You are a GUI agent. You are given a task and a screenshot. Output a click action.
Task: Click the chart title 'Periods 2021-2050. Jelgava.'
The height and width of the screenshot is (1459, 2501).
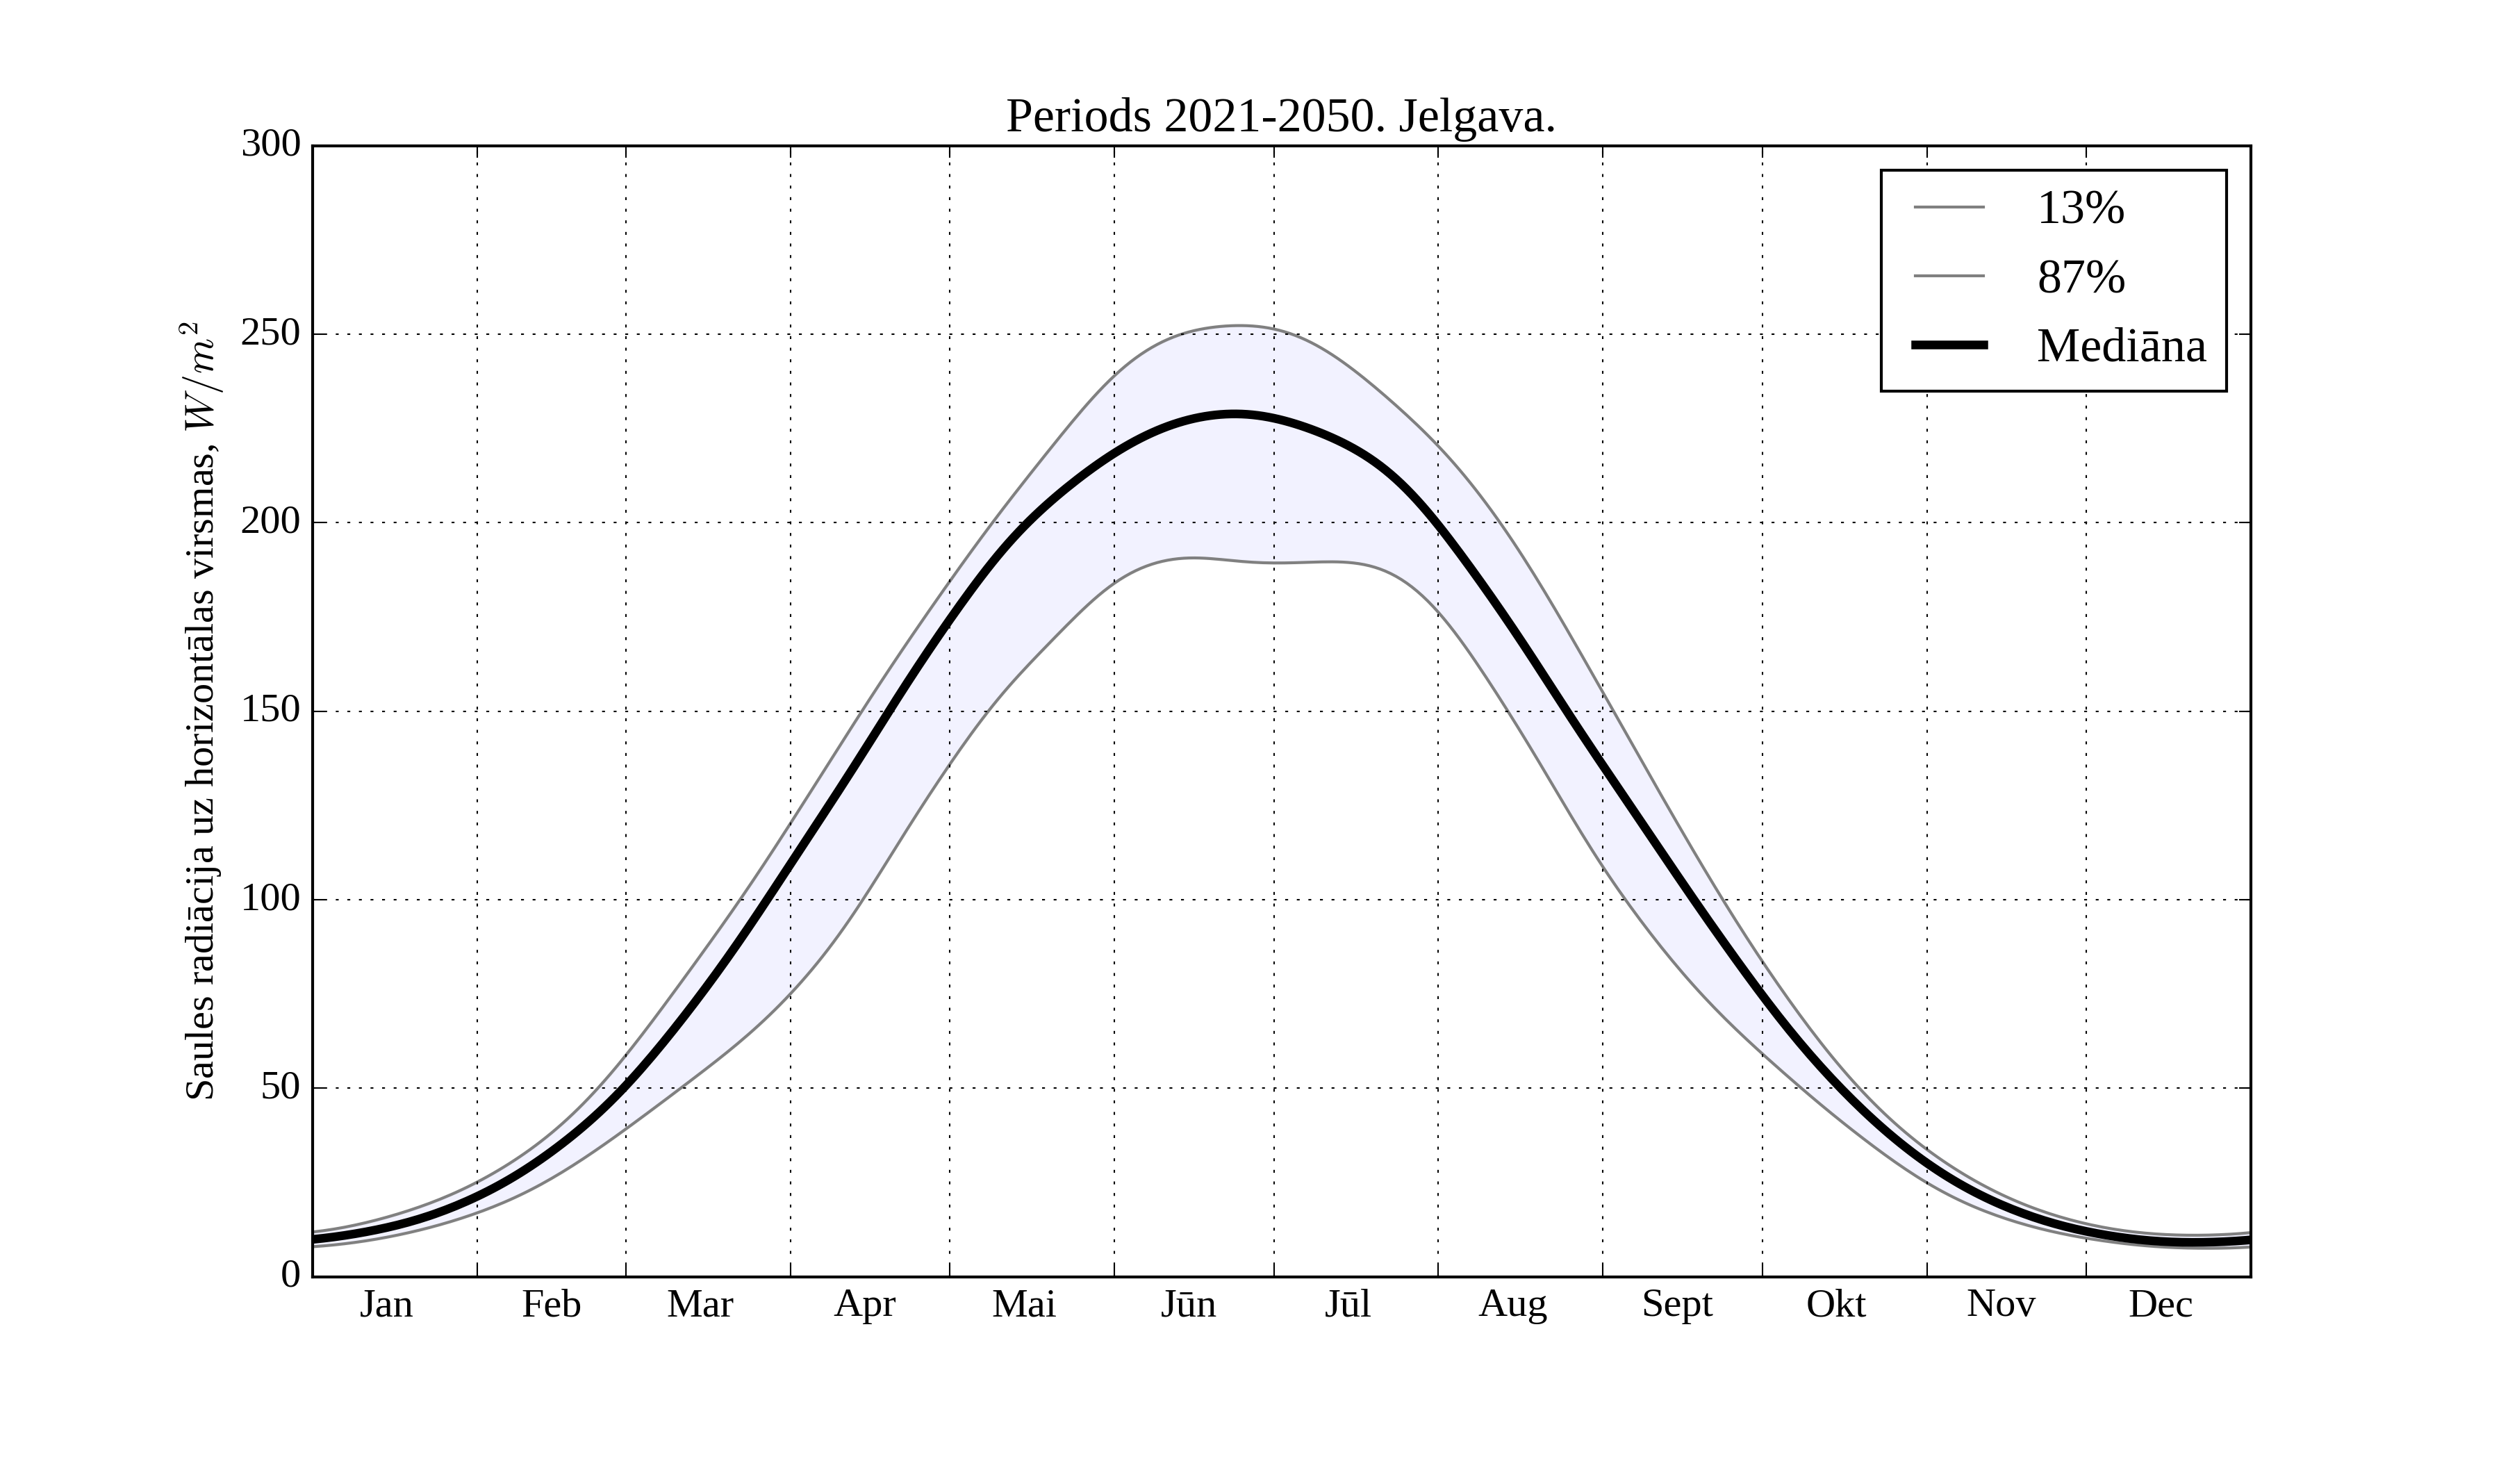click(x=1280, y=117)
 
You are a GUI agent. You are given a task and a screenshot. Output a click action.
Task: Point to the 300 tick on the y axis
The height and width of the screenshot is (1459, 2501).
click(x=271, y=145)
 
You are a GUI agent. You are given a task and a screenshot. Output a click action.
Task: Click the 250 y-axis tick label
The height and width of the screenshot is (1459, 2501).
click(x=271, y=333)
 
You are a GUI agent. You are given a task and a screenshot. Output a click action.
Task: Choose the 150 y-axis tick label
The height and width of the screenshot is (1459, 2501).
click(x=271, y=711)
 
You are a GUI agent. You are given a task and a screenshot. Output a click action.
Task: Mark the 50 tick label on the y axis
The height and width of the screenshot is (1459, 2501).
click(x=281, y=1088)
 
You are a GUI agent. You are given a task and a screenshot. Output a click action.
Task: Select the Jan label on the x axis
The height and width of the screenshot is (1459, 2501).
click(x=386, y=1304)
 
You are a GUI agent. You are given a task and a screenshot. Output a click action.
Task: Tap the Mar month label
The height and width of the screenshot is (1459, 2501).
click(x=700, y=1304)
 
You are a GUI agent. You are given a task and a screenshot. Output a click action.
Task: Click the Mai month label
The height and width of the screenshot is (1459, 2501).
click(x=1023, y=1304)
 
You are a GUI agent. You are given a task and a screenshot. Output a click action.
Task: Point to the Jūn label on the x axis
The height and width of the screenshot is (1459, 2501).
click(x=1188, y=1304)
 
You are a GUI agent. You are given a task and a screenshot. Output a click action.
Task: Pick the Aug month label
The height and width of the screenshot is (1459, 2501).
click(x=1512, y=1304)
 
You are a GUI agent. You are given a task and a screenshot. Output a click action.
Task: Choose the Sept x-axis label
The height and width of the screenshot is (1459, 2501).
click(x=1677, y=1304)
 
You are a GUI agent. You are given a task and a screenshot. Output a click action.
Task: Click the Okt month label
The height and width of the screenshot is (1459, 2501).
click(x=1836, y=1304)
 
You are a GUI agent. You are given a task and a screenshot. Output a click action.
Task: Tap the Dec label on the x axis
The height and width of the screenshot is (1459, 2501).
click(x=2161, y=1304)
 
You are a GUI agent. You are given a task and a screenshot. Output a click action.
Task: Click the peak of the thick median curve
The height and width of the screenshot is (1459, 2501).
click(x=1234, y=414)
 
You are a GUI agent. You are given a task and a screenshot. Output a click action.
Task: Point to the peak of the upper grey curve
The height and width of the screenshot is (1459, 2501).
click(x=1237, y=326)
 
